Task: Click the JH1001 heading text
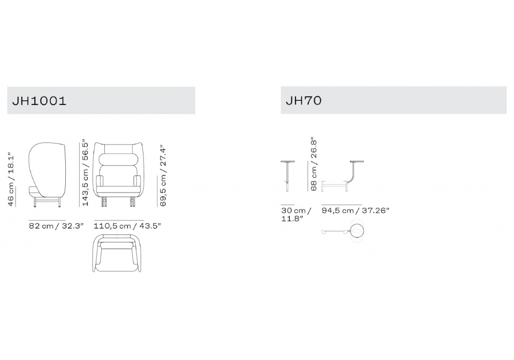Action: tap(40, 101)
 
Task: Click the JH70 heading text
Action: tap(304, 100)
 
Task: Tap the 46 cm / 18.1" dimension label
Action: tap(11, 179)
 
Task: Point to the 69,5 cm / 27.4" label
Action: tap(162, 176)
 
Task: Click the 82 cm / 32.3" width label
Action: tap(57, 226)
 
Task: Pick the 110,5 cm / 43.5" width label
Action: tap(127, 226)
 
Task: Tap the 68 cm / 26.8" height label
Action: tap(314, 164)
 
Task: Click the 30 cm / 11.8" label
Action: tap(296, 214)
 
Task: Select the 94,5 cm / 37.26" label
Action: tap(355, 210)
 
